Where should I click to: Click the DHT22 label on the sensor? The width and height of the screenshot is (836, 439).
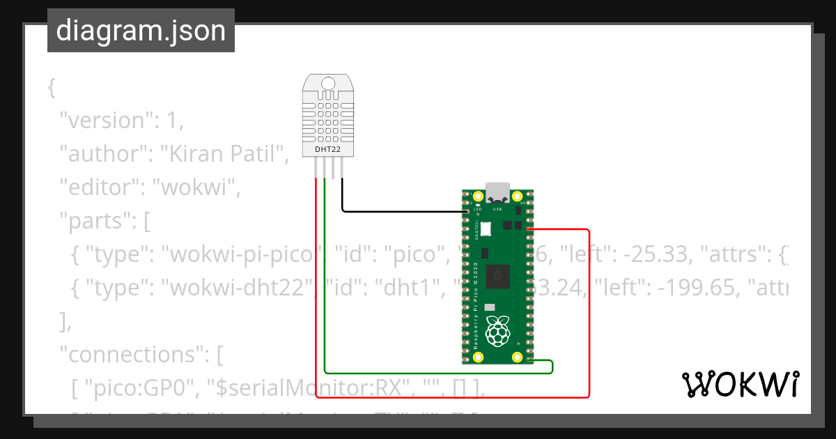click(328, 149)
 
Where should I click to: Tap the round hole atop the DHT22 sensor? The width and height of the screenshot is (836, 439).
click(328, 85)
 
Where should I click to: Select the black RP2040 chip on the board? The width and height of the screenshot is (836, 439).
click(498, 276)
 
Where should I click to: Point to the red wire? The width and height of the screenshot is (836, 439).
click(589, 314)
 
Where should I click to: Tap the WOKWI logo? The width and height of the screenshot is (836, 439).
click(739, 384)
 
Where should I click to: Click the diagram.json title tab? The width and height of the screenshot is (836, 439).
click(141, 31)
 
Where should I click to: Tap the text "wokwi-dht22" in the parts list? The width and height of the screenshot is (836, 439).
click(237, 287)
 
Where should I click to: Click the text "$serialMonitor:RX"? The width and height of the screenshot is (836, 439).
click(307, 388)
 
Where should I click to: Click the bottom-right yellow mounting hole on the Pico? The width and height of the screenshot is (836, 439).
click(517, 357)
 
